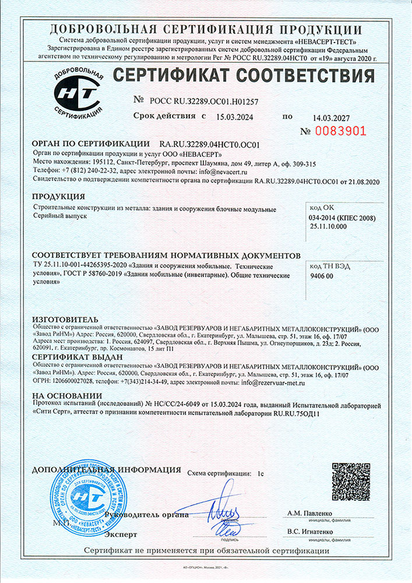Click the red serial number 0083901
(341, 131)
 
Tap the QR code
(350, 481)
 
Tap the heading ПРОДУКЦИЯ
(59, 197)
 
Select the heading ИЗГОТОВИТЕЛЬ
(62, 320)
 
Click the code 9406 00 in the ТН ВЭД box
(322, 276)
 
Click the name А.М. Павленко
(309, 513)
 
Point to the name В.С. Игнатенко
(311, 532)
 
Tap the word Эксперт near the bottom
(121, 534)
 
